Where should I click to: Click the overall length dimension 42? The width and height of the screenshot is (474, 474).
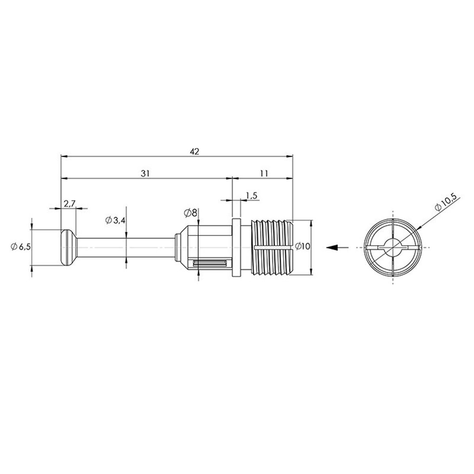click(x=195, y=151)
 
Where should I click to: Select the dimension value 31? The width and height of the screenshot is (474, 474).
click(x=146, y=173)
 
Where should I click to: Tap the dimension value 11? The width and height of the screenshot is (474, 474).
click(x=264, y=173)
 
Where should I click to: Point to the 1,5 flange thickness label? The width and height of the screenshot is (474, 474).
click(x=251, y=196)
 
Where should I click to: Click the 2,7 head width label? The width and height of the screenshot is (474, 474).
click(x=69, y=204)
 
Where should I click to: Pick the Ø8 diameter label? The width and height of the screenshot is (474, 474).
click(x=190, y=213)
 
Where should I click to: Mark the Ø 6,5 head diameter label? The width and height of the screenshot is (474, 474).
click(x=21, y=247)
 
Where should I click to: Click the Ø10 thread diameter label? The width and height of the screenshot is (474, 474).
click(x=302, y=246)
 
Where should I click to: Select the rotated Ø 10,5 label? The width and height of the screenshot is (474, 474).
click(x=447, y=203)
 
